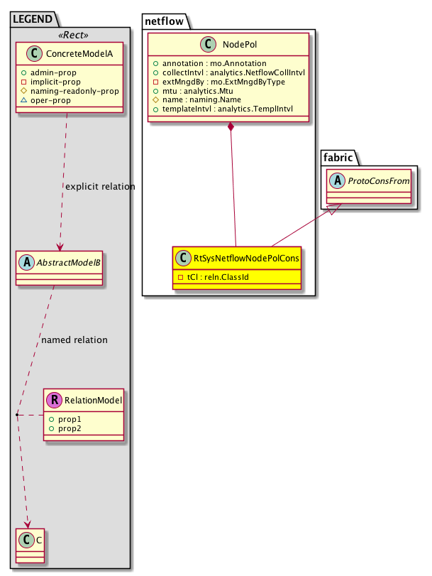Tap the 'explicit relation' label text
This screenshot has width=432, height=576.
point(100,187)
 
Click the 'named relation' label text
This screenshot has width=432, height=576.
point(74,340)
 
